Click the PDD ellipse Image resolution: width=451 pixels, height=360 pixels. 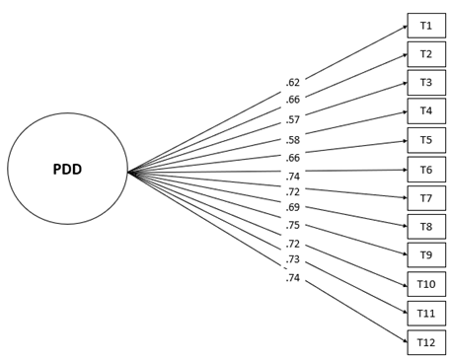pyautogui.click(x=67, y=169)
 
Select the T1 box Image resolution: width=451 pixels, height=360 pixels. pyautogui.click(x=425, y=26)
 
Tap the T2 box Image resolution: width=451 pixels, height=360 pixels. pyautogui.click(x=425, y=54)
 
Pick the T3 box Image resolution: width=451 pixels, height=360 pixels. pyautogui.click(x=425, y=83)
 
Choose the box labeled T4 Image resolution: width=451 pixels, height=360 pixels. pyautogui.click(x=425, y=111)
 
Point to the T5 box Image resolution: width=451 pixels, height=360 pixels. pyautogui.click(x=425, y=140)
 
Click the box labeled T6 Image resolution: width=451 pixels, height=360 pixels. pyautogui.click(x=425, y=170)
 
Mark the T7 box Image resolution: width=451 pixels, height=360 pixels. pyautogui.click(x=425, y=198)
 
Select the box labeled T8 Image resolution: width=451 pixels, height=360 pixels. pyautogui.click(x=425, y=227)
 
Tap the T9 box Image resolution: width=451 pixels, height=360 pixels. pyautogui.click(x=425, y=255)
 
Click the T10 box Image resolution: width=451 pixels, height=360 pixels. pyautogui.click(x=425, y=284)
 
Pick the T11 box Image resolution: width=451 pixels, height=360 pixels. pyautogui.click(x=425, y=314)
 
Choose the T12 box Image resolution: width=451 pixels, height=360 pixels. pyautogui.click(x=425, y=342)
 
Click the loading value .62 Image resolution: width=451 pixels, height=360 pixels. pyautogui.click(x=292, y=83)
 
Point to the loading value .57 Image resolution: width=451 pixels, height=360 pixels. pyautogui.click(x=292, y=120)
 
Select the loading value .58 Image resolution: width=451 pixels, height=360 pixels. pyautogui.click(x=292, y=141)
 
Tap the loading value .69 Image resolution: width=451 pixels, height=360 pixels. pyautogui.click(x=292, y=208)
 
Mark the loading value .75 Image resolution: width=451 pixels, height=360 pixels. pyautogui.click(x=292, y=226)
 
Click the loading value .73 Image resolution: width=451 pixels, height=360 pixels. pyautogui.click(x=292, y=259)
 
